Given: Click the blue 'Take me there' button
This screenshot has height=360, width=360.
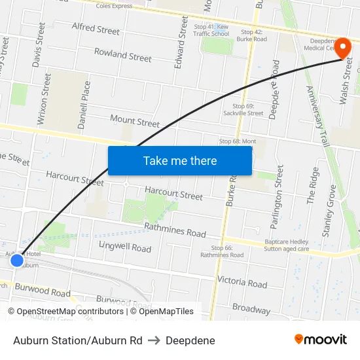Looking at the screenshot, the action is (180, 160).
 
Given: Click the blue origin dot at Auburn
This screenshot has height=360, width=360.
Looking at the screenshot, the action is (17, 261).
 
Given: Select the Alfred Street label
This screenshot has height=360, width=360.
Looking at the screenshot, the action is (96, 29).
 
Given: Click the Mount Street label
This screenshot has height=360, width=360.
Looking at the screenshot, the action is (135, 121).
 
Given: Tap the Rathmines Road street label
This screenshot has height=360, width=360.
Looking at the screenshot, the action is (175, 230).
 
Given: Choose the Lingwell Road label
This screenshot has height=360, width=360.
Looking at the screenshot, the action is (124, 247).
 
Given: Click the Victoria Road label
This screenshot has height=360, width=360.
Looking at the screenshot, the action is (242, 282).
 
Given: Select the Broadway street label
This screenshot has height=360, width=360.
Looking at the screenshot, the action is (251, 308).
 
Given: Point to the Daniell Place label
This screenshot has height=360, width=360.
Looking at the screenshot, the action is (84, 105).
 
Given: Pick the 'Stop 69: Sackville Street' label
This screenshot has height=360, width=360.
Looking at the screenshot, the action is (248, 109).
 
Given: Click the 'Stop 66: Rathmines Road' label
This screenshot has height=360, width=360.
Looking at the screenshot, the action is (227, 251).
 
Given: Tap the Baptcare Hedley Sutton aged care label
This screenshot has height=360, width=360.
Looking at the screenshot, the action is (287, 245).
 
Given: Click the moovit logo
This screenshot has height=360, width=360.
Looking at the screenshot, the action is (320, 339).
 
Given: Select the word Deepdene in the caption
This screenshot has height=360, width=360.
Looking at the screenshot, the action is (190, 340).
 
